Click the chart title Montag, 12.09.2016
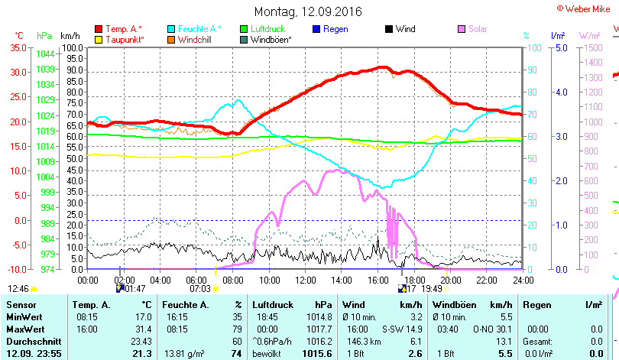308,11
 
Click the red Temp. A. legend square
99,29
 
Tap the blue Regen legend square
317,29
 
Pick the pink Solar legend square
462,29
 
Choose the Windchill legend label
196,39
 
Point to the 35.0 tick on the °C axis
17,47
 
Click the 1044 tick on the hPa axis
45,54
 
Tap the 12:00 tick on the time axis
304,280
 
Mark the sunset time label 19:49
433,288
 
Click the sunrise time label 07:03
200,288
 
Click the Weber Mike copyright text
585,8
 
